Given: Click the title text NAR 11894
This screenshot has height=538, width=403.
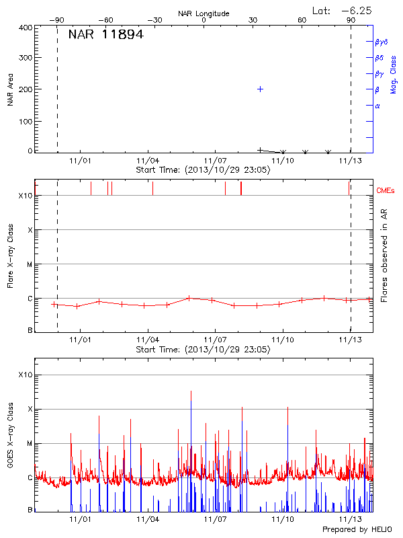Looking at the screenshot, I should point(105,35).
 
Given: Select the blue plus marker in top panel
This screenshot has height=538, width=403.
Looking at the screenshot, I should point(260,89).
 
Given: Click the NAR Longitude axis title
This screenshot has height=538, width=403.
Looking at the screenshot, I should point(204,13).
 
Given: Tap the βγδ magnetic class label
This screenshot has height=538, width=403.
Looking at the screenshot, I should point(382,42).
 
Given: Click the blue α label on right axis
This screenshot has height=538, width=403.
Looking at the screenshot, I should point(377,106).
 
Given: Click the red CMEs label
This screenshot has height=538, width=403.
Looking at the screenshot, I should point(386,191).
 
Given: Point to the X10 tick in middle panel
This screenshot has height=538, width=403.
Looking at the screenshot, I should point(25,196).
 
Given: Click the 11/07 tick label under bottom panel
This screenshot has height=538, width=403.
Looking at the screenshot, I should point(214,520).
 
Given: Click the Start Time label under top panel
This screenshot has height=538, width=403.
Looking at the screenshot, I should point(203,170).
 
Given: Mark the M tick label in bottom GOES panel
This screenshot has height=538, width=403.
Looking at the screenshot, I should point(29,443).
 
